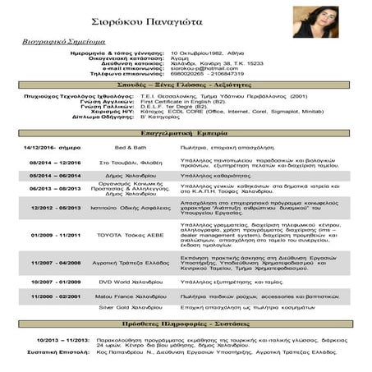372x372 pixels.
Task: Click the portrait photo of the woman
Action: coord(315,26)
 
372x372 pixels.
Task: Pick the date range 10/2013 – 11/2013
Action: coord(62,338)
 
